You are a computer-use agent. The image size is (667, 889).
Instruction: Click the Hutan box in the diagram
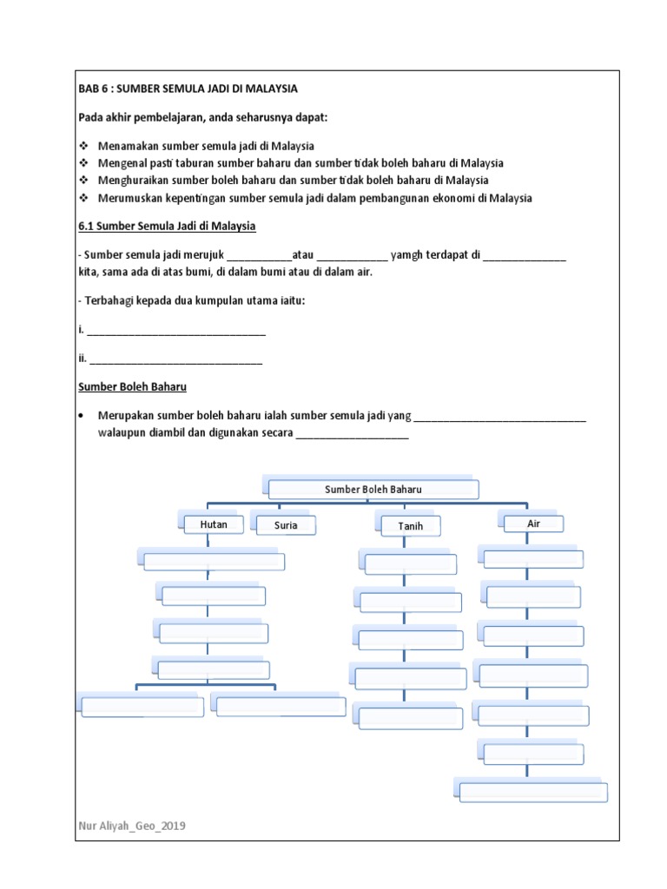214,524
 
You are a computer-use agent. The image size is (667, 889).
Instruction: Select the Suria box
286,525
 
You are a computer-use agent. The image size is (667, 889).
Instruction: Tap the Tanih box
410,526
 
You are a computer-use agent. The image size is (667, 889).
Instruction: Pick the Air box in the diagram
533,524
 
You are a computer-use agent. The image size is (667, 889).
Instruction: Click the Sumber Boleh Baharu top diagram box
373,490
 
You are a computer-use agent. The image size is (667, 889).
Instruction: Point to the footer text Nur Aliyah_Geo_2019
131,826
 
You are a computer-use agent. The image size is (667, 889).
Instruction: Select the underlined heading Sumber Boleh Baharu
133,386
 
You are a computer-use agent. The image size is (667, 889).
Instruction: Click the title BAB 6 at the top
188,89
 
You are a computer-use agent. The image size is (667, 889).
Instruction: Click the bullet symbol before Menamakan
83,146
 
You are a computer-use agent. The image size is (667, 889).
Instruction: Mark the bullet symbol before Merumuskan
83,198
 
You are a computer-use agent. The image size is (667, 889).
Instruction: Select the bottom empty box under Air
532,792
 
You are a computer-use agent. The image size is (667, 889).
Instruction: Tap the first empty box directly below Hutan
214,561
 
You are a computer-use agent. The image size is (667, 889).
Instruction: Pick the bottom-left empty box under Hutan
142,707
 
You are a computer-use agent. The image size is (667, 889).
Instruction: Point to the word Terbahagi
109,300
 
